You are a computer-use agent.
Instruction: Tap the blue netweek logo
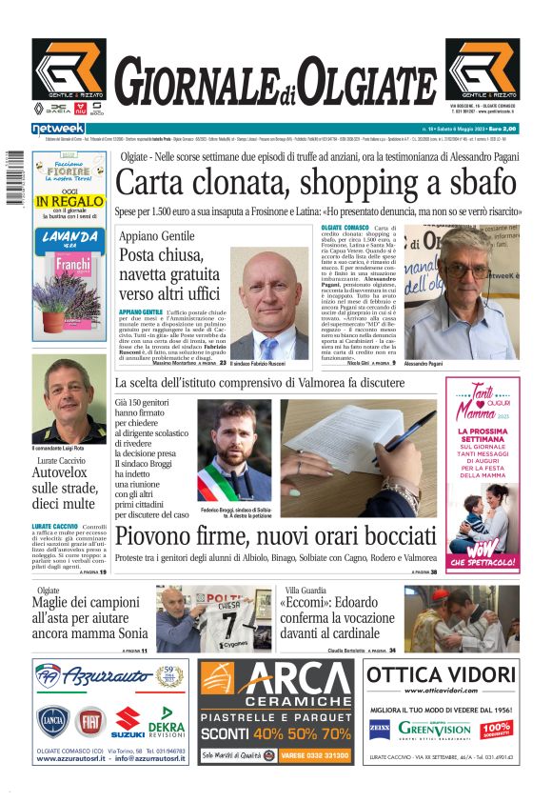click(58, 129)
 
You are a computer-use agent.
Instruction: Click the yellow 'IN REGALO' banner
click(69, 201)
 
